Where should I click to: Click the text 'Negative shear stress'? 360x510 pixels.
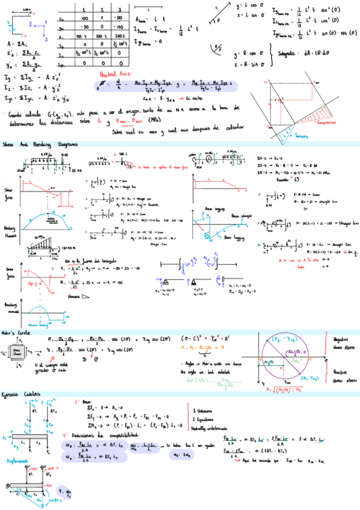342,343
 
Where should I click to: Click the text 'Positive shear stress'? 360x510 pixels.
342,376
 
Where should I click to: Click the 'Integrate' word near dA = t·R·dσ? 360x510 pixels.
291,53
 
